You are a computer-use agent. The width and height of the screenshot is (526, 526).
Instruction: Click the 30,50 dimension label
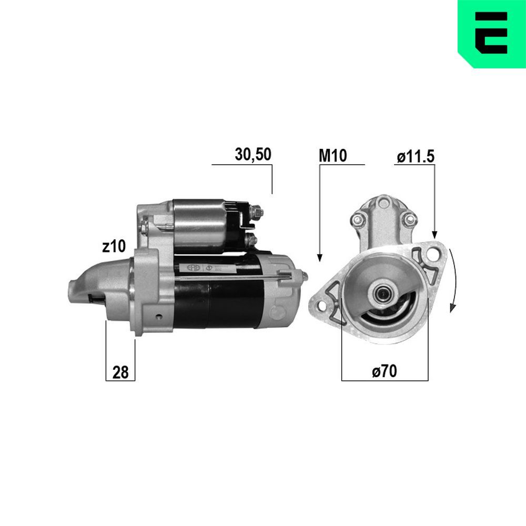252,155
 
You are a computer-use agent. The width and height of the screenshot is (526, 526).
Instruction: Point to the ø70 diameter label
384,371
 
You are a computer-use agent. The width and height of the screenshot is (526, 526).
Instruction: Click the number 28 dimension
120,372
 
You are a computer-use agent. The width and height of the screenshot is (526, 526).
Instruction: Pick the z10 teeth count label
114,246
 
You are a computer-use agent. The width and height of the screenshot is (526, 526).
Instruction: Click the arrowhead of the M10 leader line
319,257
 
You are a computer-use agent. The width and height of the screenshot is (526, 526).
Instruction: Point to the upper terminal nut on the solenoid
258,213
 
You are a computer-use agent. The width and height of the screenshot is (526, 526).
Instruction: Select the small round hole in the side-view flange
158,317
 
